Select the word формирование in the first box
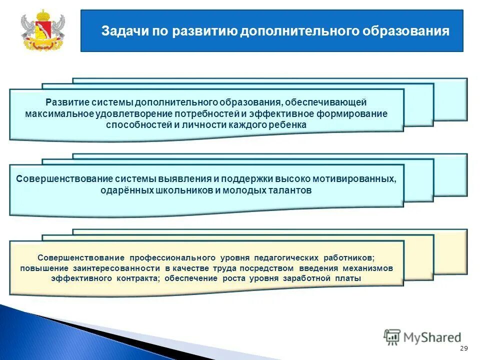pos(351,113)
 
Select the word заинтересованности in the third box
pos(110,268)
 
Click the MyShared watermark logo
pos(422,337)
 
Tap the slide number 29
pos(463,348)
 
